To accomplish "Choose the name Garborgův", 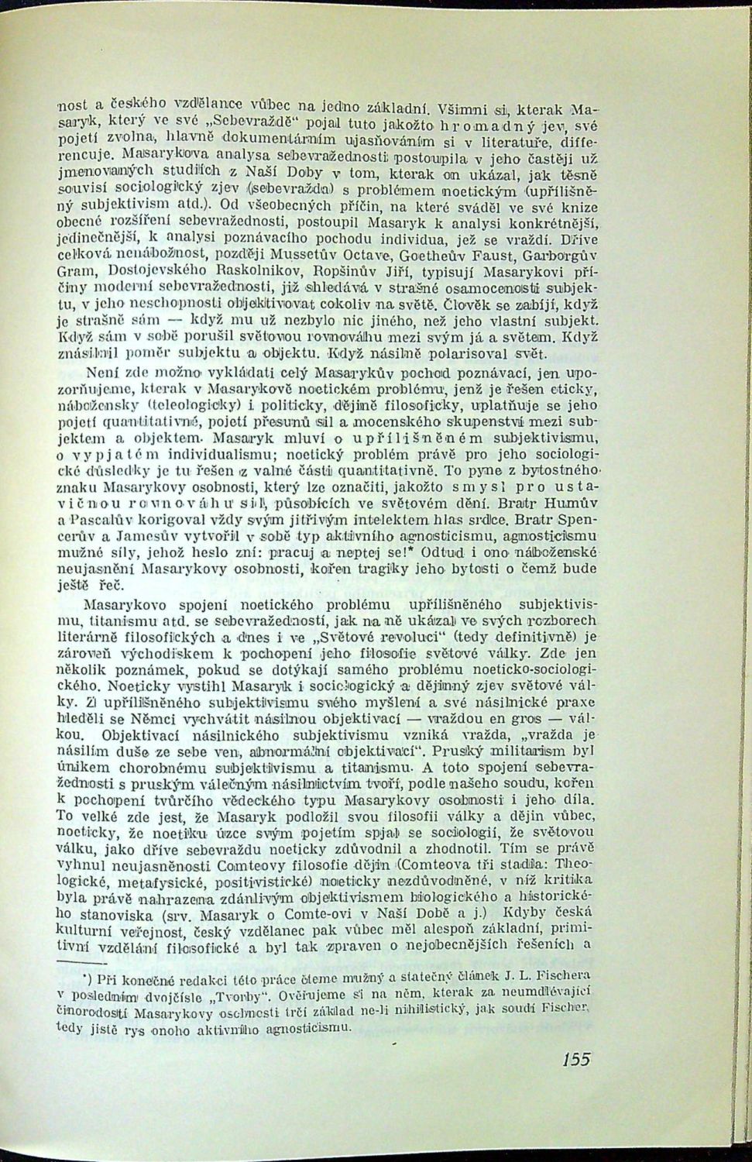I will pos(547,255).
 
